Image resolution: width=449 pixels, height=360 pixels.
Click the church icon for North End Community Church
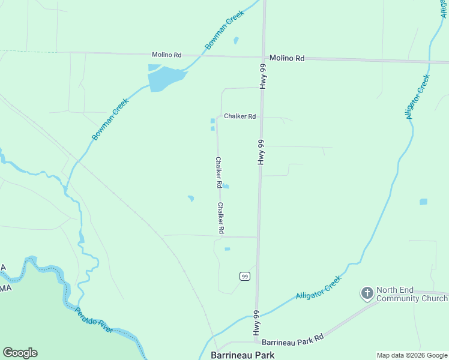pyautogui.click(x=367, y=293)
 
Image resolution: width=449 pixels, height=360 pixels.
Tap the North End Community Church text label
pyautogui.click(x=412, y=294)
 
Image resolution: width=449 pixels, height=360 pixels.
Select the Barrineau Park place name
pyautogui.click(x=243, y=355)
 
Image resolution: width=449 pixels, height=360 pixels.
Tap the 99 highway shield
pyautogui.click(x=244, y=276)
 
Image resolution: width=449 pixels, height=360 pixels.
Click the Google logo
pyautogui.click(x=20, y=352)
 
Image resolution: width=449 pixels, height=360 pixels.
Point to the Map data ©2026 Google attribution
pyautogui.click(x=412, y=355)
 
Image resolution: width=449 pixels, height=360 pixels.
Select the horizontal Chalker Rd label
pyautogui.click(x=240, y=116)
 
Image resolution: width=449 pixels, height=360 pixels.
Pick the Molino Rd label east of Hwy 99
pyautogui.click(x=287, y=58)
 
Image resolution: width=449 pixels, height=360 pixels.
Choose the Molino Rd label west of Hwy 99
pyautogui.click(x=166, y=55)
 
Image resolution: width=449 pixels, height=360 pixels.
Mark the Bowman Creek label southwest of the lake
pyautogui.click(x=110, y=120)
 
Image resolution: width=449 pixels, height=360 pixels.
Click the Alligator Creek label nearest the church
pyautogui.click(x=319, y=287)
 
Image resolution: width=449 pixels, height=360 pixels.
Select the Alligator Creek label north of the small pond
pyautogui.click(x=418, y=96)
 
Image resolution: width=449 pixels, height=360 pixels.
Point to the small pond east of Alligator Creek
pyautogui.click(x=423, y=202)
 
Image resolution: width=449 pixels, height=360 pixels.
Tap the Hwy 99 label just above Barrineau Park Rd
pyautogui.click(x=256, y=323)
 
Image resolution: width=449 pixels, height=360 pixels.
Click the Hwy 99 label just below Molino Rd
pyautogui.click(x=262, y=77)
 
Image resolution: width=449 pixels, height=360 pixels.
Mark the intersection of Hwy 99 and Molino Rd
pyautogui.click(x=263, y=57)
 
